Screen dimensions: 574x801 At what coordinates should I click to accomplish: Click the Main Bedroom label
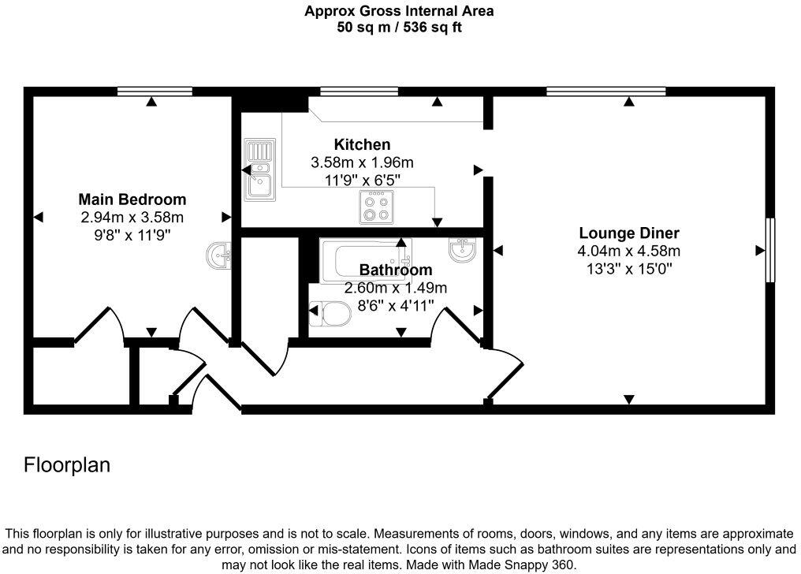pos(132,199)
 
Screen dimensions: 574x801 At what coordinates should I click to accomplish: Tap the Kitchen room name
pos(362,144)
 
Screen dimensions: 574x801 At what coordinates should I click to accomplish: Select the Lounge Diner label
pos(628,233)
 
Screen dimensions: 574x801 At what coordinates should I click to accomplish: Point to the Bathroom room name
pos(396,270)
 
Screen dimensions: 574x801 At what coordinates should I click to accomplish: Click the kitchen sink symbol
pos(259,170)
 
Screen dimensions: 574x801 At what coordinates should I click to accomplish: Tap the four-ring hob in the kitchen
pos(375,207)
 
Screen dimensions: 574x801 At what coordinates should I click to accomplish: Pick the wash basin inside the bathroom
pos(462,250)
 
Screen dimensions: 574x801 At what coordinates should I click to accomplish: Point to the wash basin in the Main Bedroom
pos(220,255)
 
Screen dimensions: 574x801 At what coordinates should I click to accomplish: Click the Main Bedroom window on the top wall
pos(155,91)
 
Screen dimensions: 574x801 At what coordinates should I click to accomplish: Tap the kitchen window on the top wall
pos(359,91)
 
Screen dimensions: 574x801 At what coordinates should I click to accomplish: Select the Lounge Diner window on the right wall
pos(770,250)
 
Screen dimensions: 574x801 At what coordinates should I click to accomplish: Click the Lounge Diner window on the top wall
pos(606,91)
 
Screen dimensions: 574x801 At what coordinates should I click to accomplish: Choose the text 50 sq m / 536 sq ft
pos(400,27)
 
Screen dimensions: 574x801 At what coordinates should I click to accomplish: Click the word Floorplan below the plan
pos(67,465)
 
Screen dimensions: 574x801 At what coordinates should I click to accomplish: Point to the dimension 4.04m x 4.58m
pos(628,252)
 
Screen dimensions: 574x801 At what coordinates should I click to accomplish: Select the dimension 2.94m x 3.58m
pos(132,217)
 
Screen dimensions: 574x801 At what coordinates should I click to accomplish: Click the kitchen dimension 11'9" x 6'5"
pos(362,179)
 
